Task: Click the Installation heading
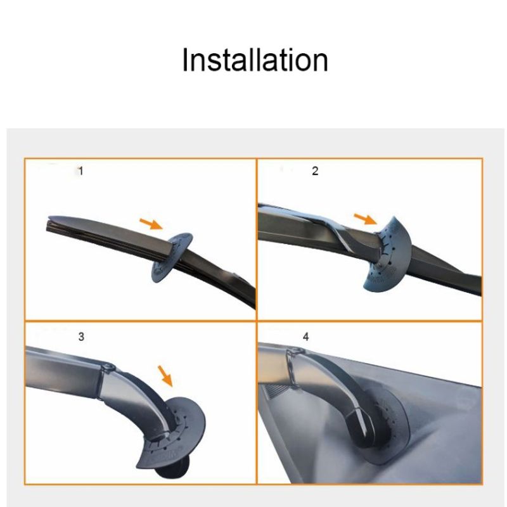pyautogui.click(x=255, y=60)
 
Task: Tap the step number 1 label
pyautogui.click(x=81, y=170)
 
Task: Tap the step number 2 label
pyautogui.click(x=315, y=170)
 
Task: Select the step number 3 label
pyautogui.click(x=81, y=337)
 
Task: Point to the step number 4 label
pyautogui.click(x=306, y=337)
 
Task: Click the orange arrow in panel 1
pyautogui.click(x=151, y=224)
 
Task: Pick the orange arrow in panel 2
pyautogui.click(x=366, y=219)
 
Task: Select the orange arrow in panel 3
pyautogui.click(x=165, y=376)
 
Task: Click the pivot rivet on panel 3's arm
pyautogui.click(x=108, y=368)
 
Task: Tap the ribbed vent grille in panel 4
pyautogui.click(x=275, y=391)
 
